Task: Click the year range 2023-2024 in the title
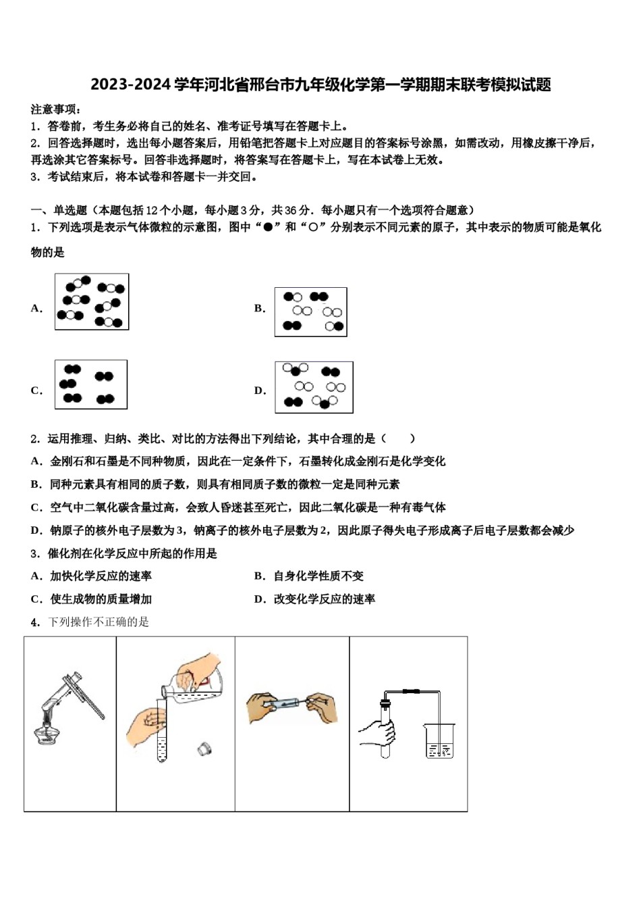[131, 85]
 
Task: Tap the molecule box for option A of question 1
[92, 302]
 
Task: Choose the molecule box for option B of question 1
[310, 311]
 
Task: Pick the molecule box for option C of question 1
[91, 384]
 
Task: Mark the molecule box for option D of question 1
[314, 387]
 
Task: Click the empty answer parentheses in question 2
[398, 439]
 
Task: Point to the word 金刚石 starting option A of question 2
[67, 461]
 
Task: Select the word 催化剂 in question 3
[64, 554]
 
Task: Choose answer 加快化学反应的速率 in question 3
[101, 576]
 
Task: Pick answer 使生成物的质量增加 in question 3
[101, 599]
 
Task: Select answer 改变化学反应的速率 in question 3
[324, 599]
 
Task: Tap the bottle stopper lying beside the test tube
[202, 749]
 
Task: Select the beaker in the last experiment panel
[440, 741]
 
